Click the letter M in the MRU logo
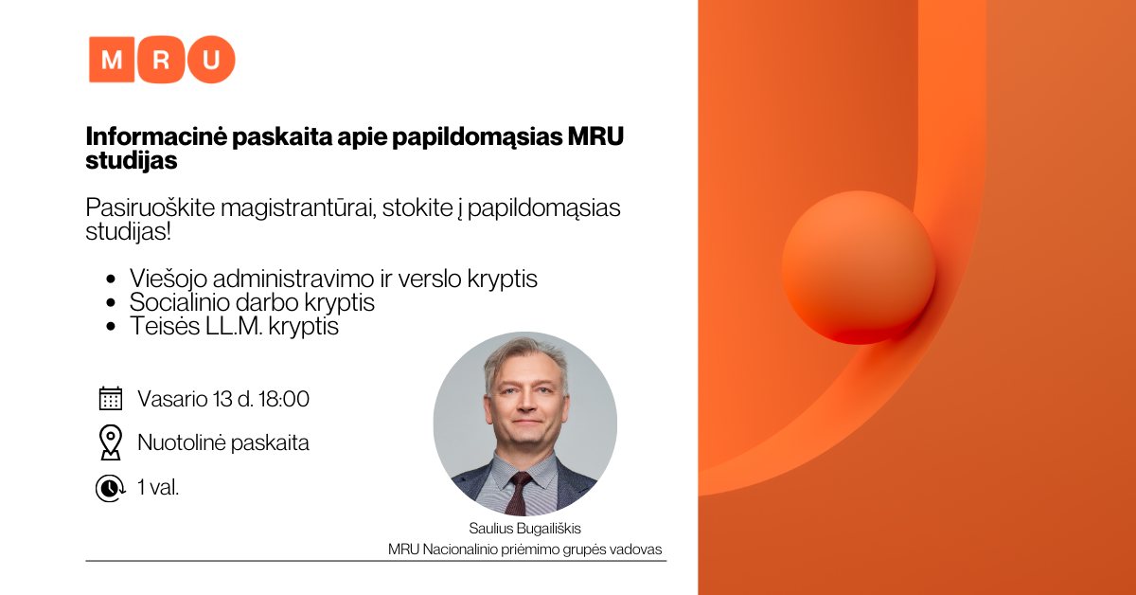point(112,60)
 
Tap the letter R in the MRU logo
point(161,60)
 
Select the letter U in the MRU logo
point(211,60)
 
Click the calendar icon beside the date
point(111,399)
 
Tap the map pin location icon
point(111,442)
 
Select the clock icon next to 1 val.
point(110,488)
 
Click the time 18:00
point(283,399)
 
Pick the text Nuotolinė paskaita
point(223,442)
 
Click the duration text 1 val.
point(158,487)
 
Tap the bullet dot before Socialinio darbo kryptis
point(111,303)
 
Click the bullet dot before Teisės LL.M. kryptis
point(111,327)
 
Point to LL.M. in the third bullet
point(234,326)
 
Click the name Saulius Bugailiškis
point(524,529)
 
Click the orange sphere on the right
point(858,267)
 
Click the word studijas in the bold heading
point(132,161)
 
